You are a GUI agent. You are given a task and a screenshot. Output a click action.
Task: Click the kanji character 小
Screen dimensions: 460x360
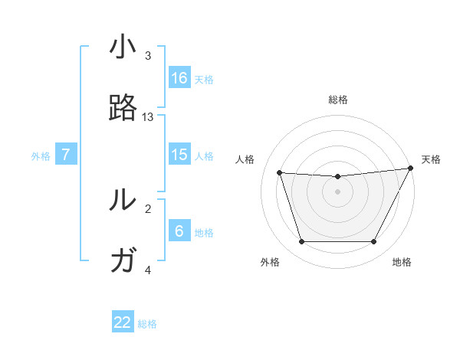(123, 48)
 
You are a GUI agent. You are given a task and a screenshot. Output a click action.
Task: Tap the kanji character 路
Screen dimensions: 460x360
(123, 109)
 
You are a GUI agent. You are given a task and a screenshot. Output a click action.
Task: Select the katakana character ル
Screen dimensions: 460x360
(123, 200)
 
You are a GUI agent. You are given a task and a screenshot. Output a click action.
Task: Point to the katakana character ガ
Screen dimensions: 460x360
(123, 261)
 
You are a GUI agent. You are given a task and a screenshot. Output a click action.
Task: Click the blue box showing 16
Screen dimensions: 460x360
(179, 78)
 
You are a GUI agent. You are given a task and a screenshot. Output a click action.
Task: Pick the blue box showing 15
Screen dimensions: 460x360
(179, 155)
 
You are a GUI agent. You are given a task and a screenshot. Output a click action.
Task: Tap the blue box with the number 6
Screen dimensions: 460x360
(179, 231)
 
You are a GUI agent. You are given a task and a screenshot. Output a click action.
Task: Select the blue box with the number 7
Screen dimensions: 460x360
(66, 155)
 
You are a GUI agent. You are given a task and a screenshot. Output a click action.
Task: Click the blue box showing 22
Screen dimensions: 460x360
(123, 322)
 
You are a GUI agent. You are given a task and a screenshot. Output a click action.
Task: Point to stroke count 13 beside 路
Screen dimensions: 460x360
(148, 117)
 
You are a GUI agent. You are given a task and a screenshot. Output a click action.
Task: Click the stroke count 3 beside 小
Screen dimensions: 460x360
(148, 56)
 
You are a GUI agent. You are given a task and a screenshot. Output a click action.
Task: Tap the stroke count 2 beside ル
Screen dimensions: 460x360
(148, 208)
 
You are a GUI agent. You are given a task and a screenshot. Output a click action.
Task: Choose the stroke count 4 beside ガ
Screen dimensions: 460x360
(148, 270)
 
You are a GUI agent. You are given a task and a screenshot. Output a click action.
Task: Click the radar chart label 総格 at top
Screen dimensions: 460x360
(338, 100)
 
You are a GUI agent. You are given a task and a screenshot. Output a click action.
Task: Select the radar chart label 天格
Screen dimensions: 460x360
(431, 159)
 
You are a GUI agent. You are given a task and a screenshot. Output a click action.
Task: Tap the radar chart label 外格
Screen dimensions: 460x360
(270, 262)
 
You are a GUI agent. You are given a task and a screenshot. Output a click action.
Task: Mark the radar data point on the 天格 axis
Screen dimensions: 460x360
(412, 169)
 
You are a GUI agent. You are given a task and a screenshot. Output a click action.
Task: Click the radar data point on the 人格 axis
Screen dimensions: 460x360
(280, 173)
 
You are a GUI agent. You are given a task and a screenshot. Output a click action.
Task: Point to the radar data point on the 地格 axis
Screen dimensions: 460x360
(373, 242)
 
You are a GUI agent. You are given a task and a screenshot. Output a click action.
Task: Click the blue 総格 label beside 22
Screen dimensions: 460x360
(147, 324)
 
